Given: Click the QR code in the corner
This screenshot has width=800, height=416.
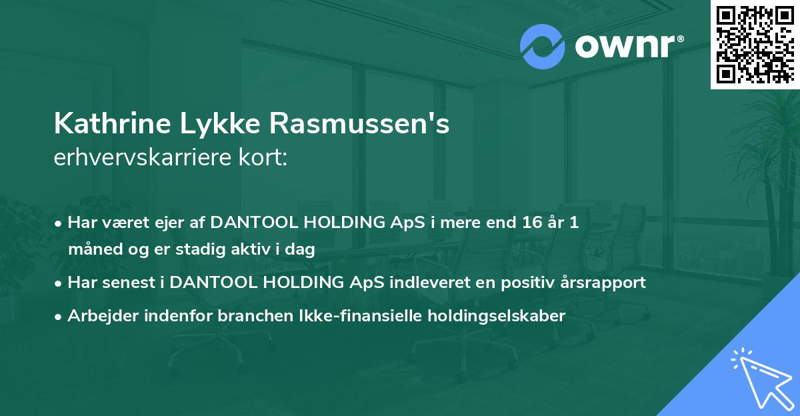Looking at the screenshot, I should (x=755, y=45).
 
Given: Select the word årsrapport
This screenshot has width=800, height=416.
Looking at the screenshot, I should (x=603, y=283).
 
